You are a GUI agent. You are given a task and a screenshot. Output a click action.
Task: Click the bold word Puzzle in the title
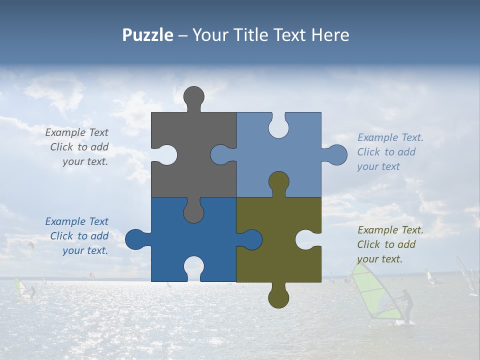pos(147,35)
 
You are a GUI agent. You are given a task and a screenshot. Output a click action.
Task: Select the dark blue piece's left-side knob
pos(135,239)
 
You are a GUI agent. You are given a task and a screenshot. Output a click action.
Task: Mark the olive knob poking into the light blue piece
pos(278,182)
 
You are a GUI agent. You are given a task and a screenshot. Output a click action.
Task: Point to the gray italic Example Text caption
pos(76,132)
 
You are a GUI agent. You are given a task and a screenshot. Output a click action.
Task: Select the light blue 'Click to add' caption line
pos(386,152)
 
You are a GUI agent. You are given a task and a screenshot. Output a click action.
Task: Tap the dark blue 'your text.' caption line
pos(85,250)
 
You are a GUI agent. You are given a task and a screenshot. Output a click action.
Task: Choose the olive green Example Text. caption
pos(390,230)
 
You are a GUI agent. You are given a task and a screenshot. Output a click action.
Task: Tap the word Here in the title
pos(329,35)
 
